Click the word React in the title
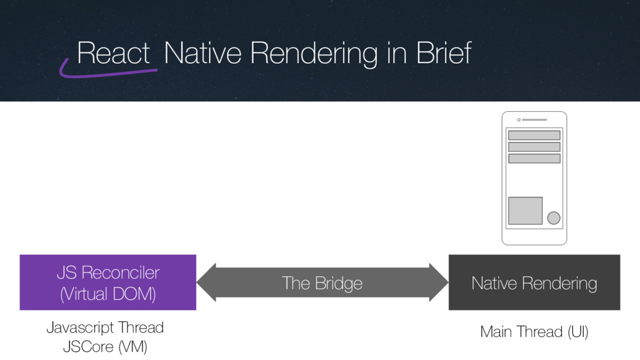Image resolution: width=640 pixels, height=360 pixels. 114,54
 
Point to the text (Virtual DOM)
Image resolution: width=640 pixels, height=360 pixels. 107,293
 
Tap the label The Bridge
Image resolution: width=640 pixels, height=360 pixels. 322,283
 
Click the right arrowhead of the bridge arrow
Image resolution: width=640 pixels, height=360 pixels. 439,282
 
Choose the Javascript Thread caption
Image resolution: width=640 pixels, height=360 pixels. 105,327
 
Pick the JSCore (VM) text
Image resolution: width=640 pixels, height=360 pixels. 105,346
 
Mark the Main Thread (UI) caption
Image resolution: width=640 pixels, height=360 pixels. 534,332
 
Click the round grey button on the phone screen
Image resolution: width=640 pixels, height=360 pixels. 553,217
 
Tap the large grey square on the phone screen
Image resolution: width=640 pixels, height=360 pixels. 525,211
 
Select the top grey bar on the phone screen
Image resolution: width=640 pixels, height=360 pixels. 534,135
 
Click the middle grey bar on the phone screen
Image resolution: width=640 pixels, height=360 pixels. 534,147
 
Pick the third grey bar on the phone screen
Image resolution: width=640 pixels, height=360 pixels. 534,159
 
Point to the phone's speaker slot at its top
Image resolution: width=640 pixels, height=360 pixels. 534,120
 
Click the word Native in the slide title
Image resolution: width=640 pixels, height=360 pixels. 201,54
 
